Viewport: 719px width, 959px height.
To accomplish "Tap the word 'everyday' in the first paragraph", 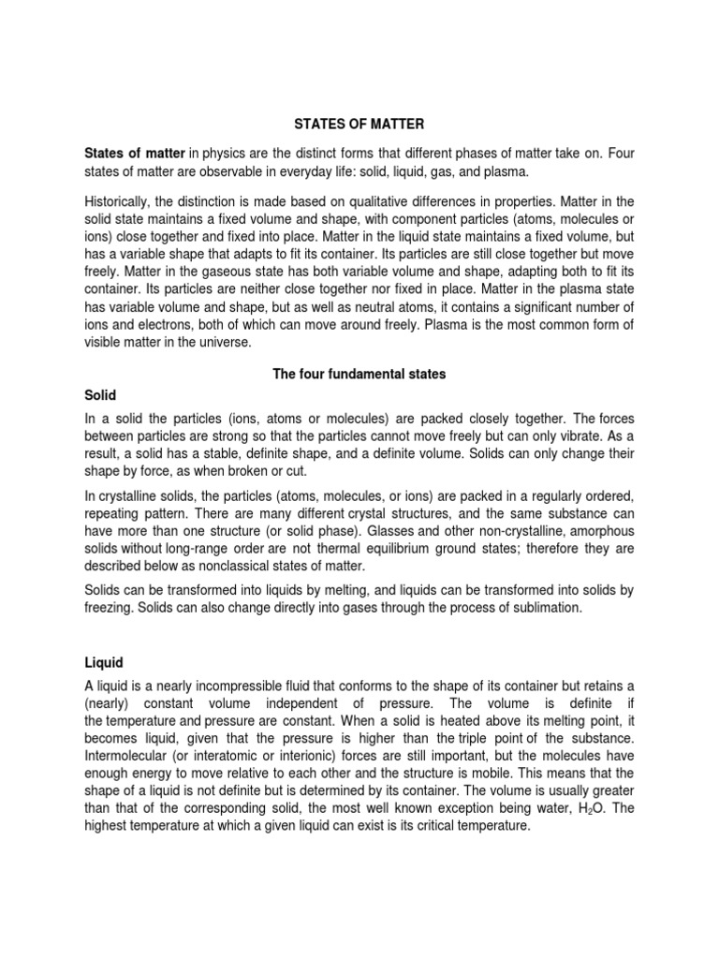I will click(303, 171).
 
